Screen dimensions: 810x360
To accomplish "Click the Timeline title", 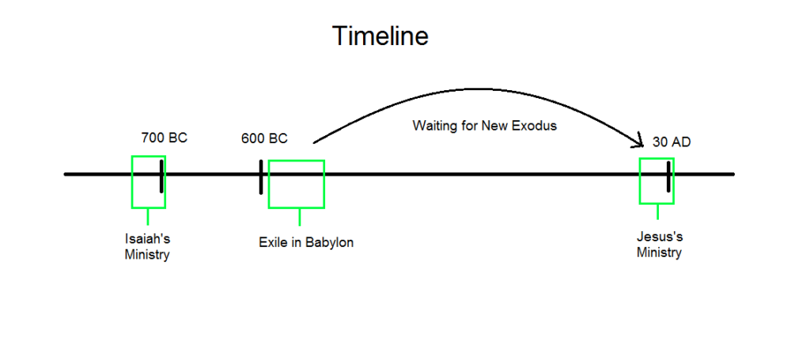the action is (380, 36).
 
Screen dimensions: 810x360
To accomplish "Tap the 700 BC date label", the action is (165, 138).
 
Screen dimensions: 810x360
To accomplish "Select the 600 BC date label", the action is (264, 138).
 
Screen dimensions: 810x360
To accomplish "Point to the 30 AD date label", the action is (672, 142).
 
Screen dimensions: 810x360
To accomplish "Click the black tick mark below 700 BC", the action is (161, 176).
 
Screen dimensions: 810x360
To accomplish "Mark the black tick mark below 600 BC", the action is (261, 176).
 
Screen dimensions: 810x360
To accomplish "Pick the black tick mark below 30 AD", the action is (668, 176).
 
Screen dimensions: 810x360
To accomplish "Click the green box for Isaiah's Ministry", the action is (132, 182).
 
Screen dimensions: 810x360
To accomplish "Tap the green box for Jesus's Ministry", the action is (641, 180).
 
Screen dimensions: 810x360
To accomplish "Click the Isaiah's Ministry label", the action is (147, 247).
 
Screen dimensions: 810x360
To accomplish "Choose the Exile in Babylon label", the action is (306, 242).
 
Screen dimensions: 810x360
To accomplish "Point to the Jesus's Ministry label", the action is (659, 244).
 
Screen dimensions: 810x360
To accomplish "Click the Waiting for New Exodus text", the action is (485, 126).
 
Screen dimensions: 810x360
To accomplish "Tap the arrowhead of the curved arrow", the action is (642, 146).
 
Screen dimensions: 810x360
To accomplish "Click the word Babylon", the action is (330, 242).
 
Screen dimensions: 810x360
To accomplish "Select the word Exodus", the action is (535, 126).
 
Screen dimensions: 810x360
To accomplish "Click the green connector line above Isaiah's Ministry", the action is (148, 217).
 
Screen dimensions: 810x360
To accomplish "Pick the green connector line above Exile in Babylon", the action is (300, 218).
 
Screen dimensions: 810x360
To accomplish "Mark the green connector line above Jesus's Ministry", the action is (657, 212).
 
